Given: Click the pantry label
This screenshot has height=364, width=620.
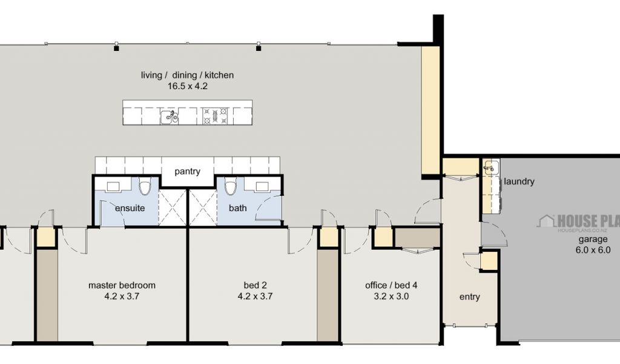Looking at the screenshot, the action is [x=188, y=172].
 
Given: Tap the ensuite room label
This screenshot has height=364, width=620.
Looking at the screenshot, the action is [x=130, y=208].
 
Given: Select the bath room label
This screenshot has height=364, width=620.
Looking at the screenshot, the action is [x=237, y=208].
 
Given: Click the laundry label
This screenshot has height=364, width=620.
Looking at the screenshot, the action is [x=519, y=182].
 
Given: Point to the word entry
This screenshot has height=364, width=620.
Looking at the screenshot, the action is [x=470, y=297].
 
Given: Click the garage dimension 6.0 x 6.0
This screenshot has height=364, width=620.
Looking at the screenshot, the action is [x=593, y=250].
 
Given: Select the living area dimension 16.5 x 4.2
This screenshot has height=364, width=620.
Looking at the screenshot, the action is [x=188, y=86].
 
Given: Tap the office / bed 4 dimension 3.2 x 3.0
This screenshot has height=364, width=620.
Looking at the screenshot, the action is [x=391, y=296].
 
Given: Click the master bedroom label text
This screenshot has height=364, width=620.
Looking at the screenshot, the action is [x=122, y=285].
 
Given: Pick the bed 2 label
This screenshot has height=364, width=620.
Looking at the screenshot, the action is [x=255, y=285].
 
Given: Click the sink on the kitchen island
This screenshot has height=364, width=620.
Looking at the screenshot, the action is [x=170, y=117].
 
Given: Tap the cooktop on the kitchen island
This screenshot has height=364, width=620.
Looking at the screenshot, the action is [x=216, y=116].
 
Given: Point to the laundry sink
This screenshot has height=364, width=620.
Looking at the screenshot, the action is [x=490, y=168].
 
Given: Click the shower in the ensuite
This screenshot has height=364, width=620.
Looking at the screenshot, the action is [x=173, y=207].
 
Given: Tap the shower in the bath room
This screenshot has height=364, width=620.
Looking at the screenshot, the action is [x=203, y=207].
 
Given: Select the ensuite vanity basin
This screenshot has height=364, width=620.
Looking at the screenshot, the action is [x=114, y=187].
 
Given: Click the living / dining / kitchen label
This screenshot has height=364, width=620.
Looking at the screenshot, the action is [x=188, y=75].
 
